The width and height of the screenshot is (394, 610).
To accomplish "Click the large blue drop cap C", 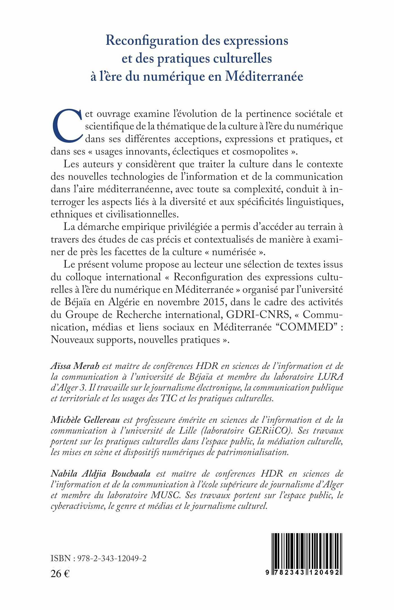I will [68, 125].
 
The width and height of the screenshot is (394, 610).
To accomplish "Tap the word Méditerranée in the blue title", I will [264, 77].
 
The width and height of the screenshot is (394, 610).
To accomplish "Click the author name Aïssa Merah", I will [75, 366].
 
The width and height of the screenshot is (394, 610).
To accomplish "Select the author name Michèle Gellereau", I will [85, 420].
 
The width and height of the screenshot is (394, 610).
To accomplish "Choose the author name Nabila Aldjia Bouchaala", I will [100, 474].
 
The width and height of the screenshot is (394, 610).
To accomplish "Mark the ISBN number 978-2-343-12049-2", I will [112, 559].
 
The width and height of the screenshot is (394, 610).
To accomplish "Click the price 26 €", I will [60, 574].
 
